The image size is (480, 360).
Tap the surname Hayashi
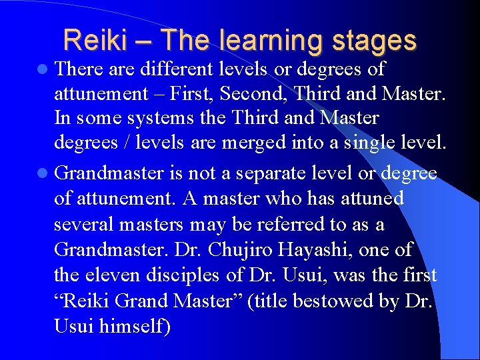(x=317, y=250)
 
